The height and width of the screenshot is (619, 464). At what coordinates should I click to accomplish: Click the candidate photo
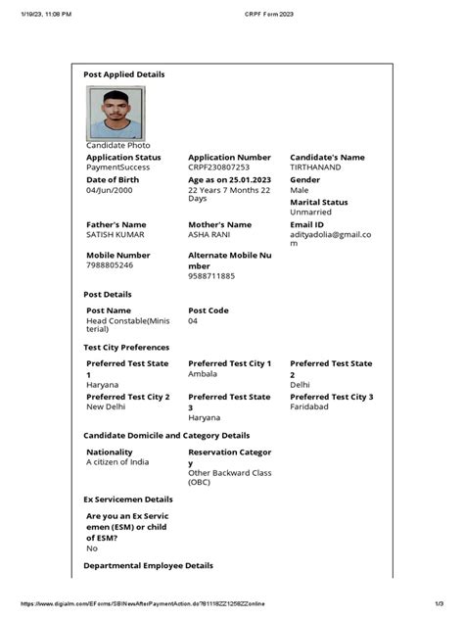(x=116, y=113)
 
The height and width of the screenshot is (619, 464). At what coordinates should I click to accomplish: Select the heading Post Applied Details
(x=124, y=74)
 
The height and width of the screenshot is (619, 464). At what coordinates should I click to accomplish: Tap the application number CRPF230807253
(x=225, y=167)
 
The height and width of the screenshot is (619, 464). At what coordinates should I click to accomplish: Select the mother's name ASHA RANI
(x=212, y=235)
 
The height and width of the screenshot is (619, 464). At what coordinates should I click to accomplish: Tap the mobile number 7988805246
(x=111, y=265)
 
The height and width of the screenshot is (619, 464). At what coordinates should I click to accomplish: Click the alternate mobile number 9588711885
(x=211, y=276)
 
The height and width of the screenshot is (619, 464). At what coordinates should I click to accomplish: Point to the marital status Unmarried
(x=311, y=213)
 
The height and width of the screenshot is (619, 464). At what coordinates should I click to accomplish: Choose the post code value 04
(x=193, y=320)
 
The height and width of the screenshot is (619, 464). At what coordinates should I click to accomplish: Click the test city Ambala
(x=203, y=374)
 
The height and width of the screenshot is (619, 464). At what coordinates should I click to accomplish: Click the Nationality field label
(x=110, y=452)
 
